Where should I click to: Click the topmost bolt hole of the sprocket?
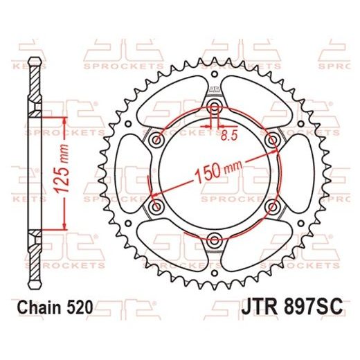[214, 105]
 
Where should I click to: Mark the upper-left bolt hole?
[155, 139]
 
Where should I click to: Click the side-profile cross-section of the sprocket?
[32, 173]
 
